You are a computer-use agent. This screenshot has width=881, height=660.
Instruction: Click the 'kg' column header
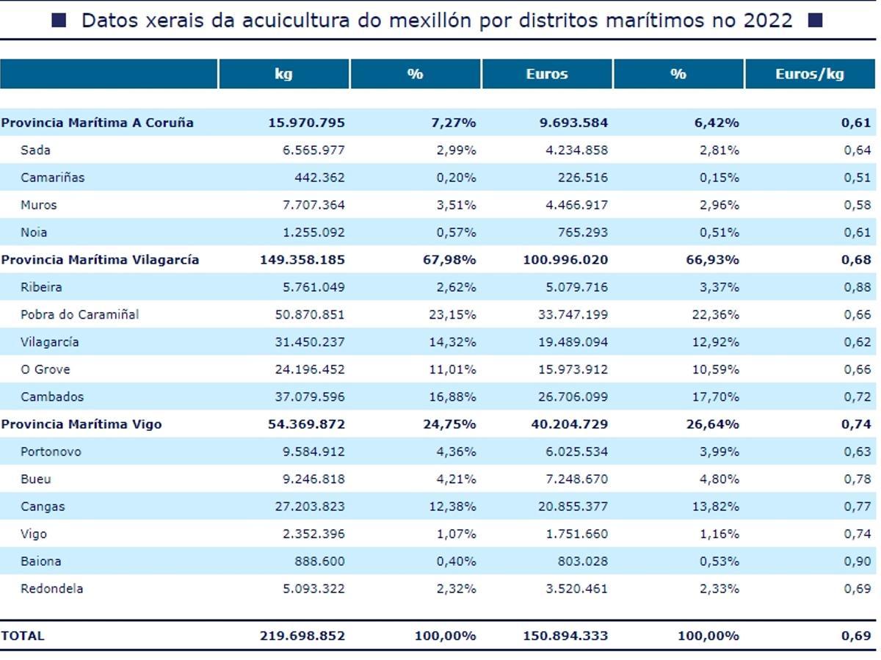[x=283, y=74]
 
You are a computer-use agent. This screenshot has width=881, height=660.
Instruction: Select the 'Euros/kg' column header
[x=810, y=74]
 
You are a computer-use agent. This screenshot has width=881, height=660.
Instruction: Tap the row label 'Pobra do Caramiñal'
[x=79, y=314]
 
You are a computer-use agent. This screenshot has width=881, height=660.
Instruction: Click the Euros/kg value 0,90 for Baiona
[x=857, y=562]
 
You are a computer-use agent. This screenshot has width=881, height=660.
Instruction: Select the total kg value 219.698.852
[x=302, y=636]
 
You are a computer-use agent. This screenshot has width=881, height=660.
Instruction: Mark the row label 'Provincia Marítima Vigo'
[x=81, y=424]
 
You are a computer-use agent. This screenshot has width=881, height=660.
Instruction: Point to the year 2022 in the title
[x=768, y=21]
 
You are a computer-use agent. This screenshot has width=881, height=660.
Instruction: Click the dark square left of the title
[x=59, y=21]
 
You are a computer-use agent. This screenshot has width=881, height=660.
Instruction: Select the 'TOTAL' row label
[x=23, y=636]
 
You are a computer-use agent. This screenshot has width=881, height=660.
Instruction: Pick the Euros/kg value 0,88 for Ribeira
[x=857, y=287]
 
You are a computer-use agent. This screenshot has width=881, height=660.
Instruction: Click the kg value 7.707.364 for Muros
[x=313, y=205]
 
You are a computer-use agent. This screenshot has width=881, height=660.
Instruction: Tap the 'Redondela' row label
[x=51, y=589]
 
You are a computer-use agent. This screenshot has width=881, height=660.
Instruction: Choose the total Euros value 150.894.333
[x=567, y=636]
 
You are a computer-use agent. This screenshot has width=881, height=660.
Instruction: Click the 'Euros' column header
[x=547, y=74]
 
